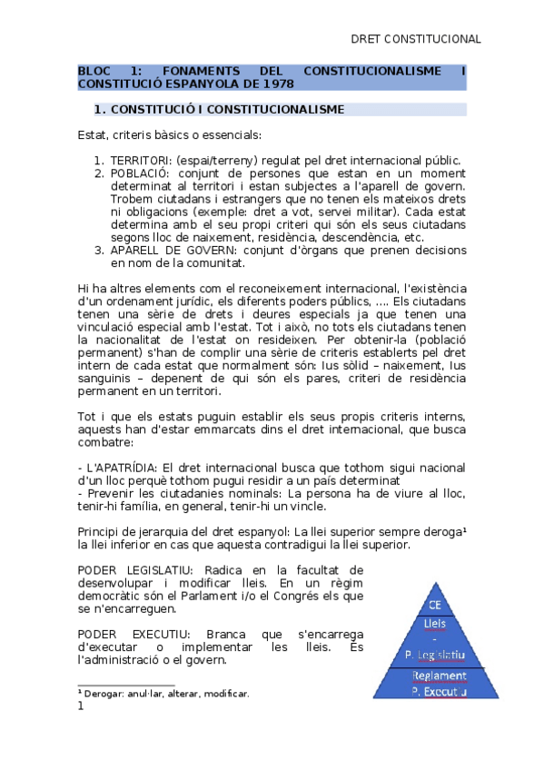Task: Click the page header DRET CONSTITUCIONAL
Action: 415,39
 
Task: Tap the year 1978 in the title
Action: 278,84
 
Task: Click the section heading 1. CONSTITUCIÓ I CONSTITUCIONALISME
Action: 219,110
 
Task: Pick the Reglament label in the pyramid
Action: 439,676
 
